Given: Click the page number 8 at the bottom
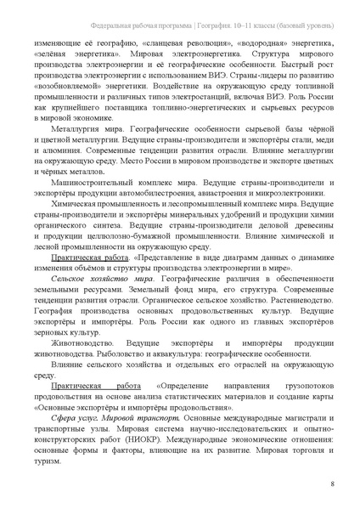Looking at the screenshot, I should point(330,484).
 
